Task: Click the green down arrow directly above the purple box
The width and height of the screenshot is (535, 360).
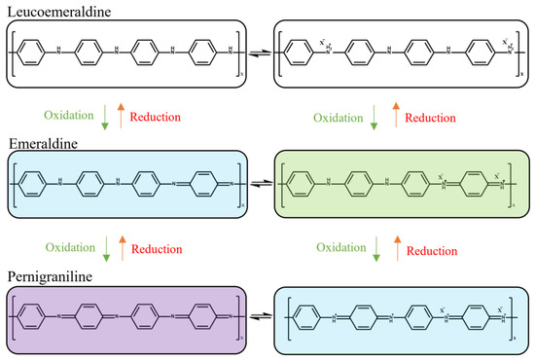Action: pos(106,249)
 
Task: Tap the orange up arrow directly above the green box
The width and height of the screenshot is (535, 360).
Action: pos(393,117)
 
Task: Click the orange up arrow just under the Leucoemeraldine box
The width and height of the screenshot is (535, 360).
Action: pos(119,117)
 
